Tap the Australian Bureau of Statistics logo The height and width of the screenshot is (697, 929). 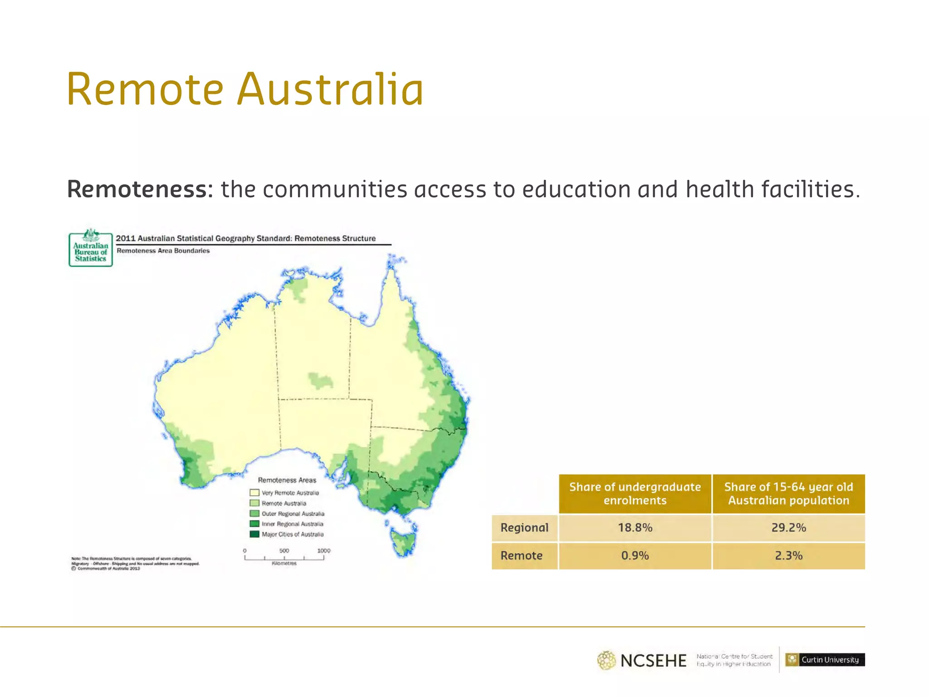click(91, 248)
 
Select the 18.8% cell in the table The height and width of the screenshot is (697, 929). click(635, 528)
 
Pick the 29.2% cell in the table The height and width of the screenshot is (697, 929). click(788, 528)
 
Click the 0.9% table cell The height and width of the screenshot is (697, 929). click(635, 555)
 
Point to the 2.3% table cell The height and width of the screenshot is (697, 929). click(788, 555)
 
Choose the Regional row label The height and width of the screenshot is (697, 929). click(524, 528)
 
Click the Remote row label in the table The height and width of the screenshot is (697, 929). click(522, 555)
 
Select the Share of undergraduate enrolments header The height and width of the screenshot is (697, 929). click(635, 494)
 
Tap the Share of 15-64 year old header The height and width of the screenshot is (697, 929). click(788, 494)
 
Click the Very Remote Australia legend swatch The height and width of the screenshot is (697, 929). click(254, 493)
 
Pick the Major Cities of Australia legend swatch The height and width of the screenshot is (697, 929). click(254, 534)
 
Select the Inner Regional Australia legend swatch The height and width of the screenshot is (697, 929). click(254, 524)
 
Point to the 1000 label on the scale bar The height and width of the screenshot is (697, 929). click(323, 550)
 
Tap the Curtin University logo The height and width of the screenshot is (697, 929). click(825, 659)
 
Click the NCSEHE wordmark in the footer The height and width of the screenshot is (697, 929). click(653, 661)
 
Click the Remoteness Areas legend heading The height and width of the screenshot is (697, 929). click(287, 480)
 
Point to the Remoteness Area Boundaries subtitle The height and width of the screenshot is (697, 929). click(163, 250)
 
